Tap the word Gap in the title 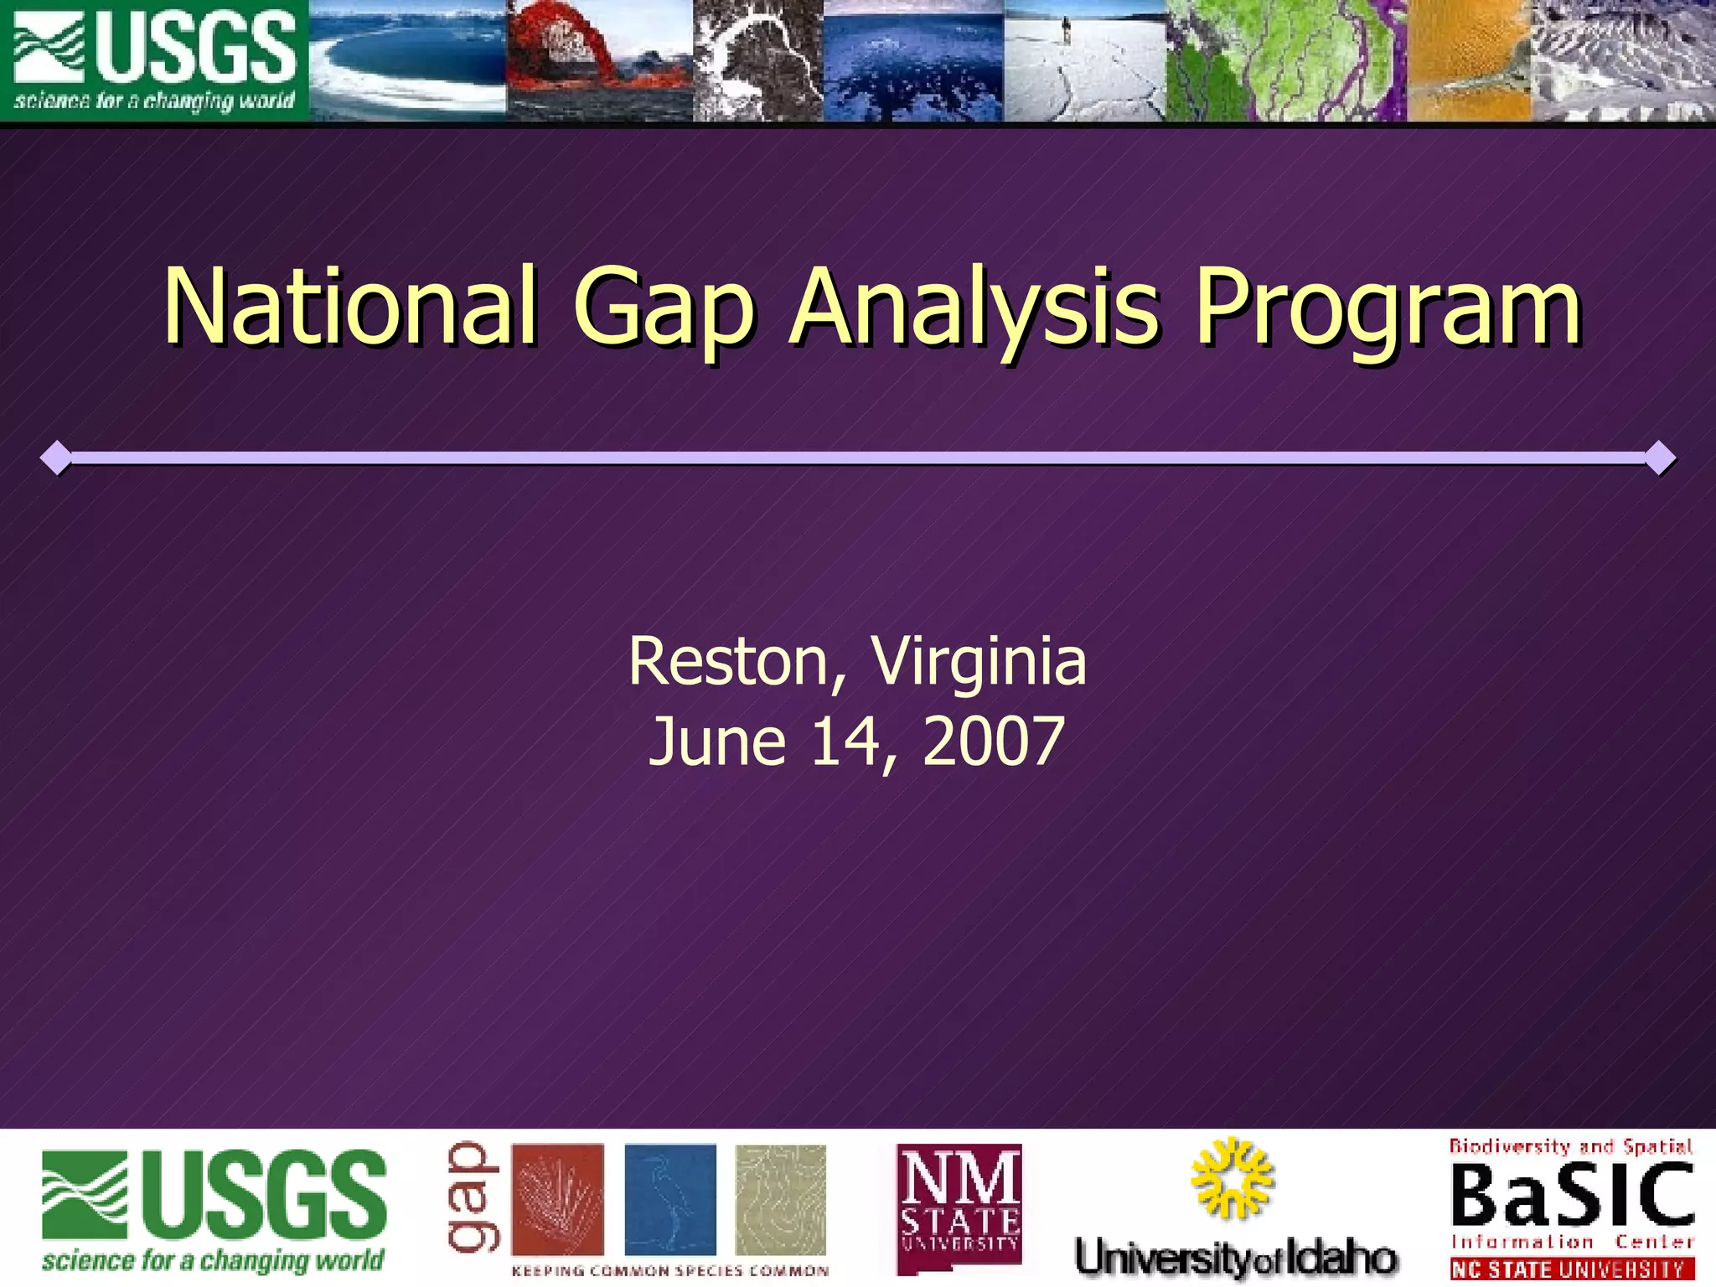(664, 308)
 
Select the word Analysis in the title (974, 308)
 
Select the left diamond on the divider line (56, 457)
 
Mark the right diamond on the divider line (1660, 457)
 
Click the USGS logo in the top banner (155, 60)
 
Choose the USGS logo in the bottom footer (214, 1208)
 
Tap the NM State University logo (959, 1207)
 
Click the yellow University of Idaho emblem (1232, 1177)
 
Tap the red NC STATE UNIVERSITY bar (1572, 1269)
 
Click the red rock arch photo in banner (599, 60)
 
